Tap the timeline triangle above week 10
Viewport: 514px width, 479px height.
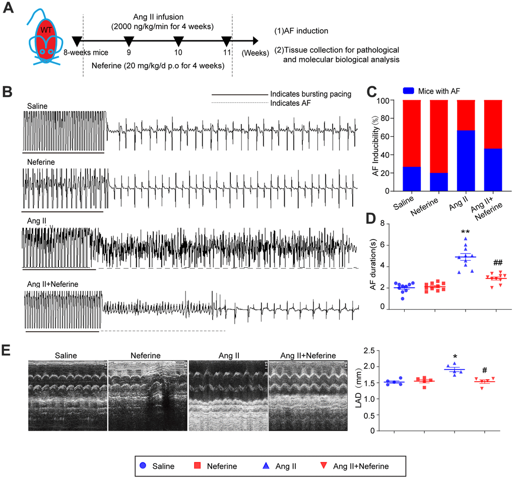pyautogui.click(x=178, y=41)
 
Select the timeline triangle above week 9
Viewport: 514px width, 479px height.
pyautogui.click(x=129, y=41)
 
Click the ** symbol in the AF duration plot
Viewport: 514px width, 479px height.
pyautogui.click(x=465, y=233)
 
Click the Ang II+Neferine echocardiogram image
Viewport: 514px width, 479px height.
pyautogui.click(x=308, y=395)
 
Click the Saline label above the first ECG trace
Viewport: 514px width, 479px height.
pyautogui.click(x=38, y=106)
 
